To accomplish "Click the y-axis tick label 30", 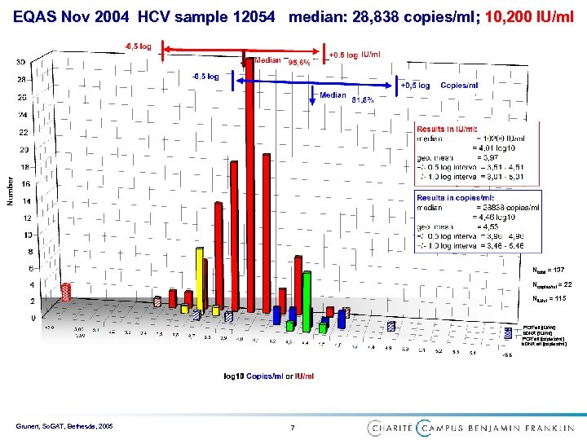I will coord(20,62).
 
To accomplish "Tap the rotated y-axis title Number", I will coord(10,191).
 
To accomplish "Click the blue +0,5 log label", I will coord(415,85).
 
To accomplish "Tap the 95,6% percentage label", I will coord(298,62).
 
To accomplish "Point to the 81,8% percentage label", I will coord(362,100).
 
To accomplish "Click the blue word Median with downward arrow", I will coord(333,95).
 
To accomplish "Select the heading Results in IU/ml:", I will coord(448,130).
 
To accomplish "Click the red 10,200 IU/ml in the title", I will coord(529,15).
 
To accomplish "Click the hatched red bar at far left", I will coord(55,308).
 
